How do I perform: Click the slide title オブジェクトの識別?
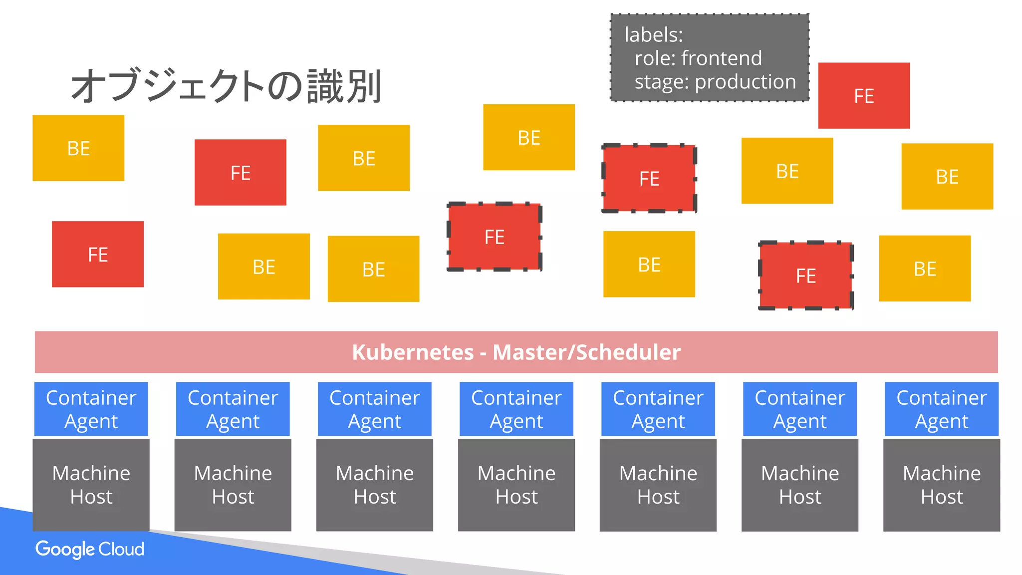[226, 86]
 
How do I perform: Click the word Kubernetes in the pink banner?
[413, 352]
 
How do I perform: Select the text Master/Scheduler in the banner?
[586, 352]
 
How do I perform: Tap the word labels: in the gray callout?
[653, 35]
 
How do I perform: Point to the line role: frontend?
[698, 58]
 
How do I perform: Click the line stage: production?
[715, 82]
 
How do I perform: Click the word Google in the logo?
[65, 550]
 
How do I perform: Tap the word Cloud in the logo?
[121, 550]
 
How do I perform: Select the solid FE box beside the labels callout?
[864, 96]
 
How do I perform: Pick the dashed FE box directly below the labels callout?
[649, 179]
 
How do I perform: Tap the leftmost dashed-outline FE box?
[494, 237]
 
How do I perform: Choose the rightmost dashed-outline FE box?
[805, 276]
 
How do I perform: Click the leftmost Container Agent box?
[91, 409]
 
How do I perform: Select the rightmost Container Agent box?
[941, 409]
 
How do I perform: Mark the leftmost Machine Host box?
[91, 485]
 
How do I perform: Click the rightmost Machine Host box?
[941, 485]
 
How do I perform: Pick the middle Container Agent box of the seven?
[516, 409]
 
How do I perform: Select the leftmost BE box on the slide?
[78, 148]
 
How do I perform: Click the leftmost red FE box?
[98, 255]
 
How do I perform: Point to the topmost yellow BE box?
[529, 138]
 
